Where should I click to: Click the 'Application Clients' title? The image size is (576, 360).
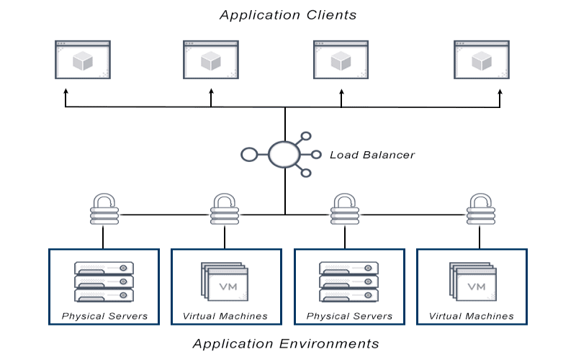(x=288, y=15)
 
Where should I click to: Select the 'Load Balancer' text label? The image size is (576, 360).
(x=372, y=155)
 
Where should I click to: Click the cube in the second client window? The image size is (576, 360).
(x=211, y=60)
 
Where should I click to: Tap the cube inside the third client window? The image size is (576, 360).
(x=341, y=60)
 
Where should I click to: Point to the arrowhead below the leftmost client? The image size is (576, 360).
(x=66, y=91)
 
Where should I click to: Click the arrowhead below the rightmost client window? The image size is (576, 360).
(x=500, y=91)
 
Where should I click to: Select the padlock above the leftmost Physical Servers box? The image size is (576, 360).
(x=104, y=209)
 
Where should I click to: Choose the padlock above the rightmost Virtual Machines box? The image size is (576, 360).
(x=481, y=209)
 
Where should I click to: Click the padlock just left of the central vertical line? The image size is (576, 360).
(x=225, y=209)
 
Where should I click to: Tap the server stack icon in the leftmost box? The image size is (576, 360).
(x=104, y=282)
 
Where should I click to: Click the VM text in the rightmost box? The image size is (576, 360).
(x=477, y=287)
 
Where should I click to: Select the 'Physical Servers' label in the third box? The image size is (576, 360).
(x=349, y=316)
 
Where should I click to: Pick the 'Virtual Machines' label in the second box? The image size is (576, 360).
(x=225, y=316)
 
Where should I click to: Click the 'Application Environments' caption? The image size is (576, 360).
(x=286, y=344)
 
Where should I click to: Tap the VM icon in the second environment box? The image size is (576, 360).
(x=225, y=282)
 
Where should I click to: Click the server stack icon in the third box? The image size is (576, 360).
(x=349, y=282)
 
